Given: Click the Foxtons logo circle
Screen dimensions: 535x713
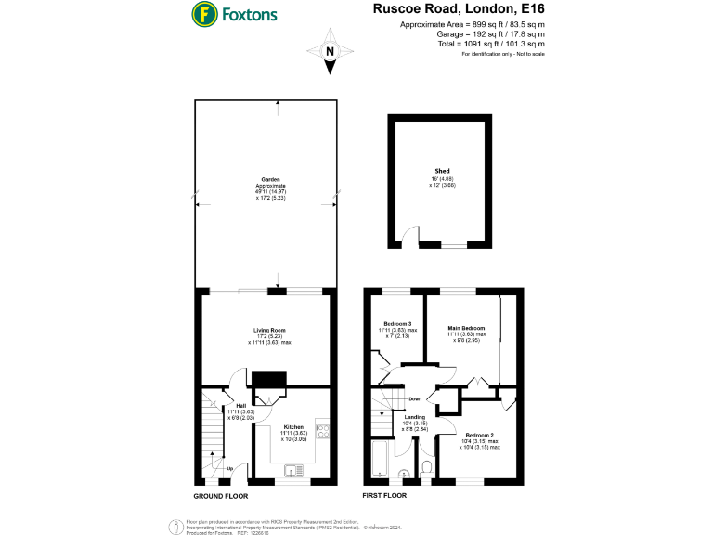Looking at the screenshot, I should [204, 16].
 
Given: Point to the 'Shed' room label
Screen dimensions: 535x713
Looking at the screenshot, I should [442, 171].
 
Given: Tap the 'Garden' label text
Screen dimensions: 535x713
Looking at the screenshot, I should [270, 179].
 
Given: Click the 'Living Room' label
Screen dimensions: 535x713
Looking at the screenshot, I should [269, 330].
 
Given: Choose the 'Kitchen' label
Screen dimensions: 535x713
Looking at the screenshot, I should [293, 428].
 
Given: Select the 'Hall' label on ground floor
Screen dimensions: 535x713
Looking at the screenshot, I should [240, 406].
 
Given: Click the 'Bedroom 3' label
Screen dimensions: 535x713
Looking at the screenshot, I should [397, 323].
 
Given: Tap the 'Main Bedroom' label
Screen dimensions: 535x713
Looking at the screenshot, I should [466, 328].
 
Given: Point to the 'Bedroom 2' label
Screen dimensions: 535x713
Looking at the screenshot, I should [479, 435].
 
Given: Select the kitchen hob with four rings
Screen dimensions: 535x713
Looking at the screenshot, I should [321, 430].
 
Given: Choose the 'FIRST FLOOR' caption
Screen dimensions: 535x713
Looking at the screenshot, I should [382, 497].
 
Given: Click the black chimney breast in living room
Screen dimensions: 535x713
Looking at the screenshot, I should [270, 380].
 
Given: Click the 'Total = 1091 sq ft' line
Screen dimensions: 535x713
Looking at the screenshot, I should [491, 44].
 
